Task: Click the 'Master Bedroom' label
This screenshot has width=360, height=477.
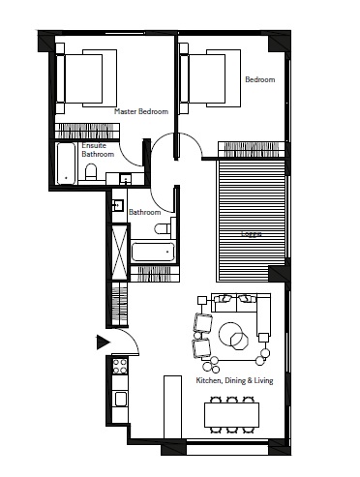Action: click(x=140, y=111)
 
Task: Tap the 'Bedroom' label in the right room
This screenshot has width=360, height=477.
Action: click(x=258, y=80)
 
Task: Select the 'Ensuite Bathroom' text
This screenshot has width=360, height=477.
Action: click(x=97, y=150)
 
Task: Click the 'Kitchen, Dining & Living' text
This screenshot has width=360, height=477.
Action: click(x=234, y=381)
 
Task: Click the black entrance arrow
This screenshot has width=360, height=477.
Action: click(x=102, y=341)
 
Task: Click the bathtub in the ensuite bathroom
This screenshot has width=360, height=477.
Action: click(x=66, y=164)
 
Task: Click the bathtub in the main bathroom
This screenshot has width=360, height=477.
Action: click(x=152, y=253)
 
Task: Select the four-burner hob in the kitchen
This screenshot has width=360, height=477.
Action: click(x=120, y=367)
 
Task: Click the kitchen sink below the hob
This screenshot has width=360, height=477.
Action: click(x=120, y=398)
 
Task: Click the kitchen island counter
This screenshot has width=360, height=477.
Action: click(x=168, y=407)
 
